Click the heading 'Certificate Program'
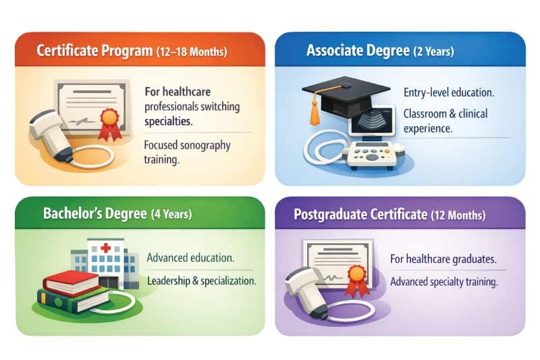tap(94, 51)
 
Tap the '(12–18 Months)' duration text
tap(192, 52)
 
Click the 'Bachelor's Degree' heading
tap(95, 214)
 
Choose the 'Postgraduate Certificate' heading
tap(361, 215)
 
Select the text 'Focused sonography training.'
tap(187, 151)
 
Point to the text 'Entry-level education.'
tap(449, 93)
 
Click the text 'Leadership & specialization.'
tap(201, 280)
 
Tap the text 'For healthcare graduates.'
tap(444, 259)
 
